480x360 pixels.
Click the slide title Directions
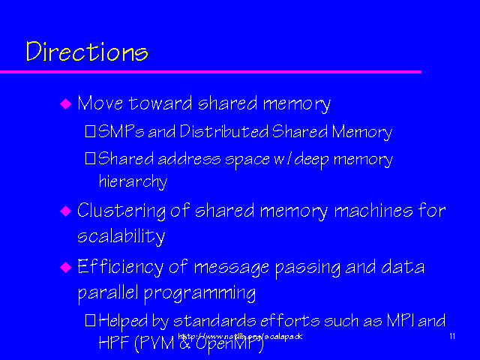click(x=86, y=52)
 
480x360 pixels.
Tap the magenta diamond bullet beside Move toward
click(x=64, y=103)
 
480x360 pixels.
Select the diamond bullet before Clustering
click(x=64, y=211)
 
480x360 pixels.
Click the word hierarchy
click(x=133, y=181)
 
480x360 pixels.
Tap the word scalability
click(x=121, y=236)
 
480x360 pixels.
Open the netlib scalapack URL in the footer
click(x=240, y=337)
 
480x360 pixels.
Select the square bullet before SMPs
click(x=90, y=133)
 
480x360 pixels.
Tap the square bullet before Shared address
click(x=90, y=159)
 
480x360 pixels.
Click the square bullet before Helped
click(x=90, y=320)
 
